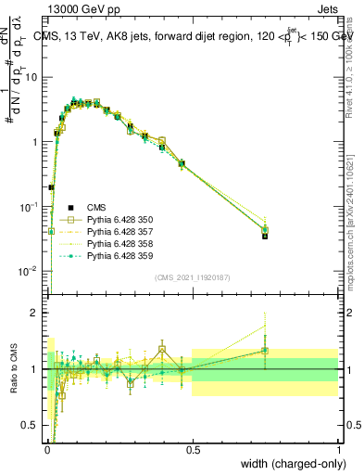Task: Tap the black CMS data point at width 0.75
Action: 265,236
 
